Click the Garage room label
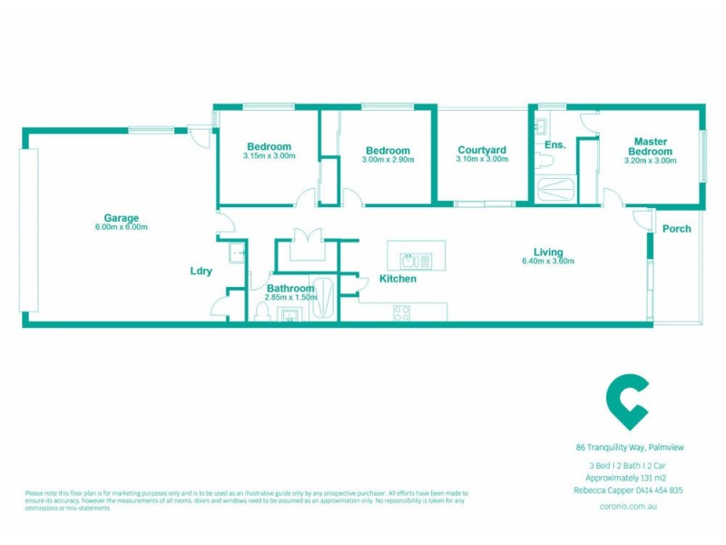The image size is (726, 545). pyautogui.click(x=121, y=218)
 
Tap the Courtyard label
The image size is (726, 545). pyautogui.click(x=482, y=150)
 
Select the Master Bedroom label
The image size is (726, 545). pyautogui.click(x=651, y=145)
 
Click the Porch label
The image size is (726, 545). pyautogui.click(x=676, y=229)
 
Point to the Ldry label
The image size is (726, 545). pyautogui.click(x=201, y=271)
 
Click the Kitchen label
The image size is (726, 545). pyautogui.click(x=397, y=279)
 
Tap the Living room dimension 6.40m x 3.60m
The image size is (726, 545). pyautogui.click(x=548, y=261)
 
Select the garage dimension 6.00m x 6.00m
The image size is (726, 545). pyautogui.click(x=121, y=227)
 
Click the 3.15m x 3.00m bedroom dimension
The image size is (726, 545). pyautogui.click(x=269, y=155)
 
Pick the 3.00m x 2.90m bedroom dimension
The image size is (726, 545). pyautogui.click(x=388, y=159)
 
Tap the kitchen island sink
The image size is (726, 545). pyautogui.click(x=417, y=259)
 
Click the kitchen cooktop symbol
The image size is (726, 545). pyautogui.click(x=400, y=312)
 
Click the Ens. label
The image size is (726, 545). pyautogui.click(x=554, y=145)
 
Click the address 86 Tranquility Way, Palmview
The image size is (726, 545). pyautogui.click(x=629, y=447)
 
